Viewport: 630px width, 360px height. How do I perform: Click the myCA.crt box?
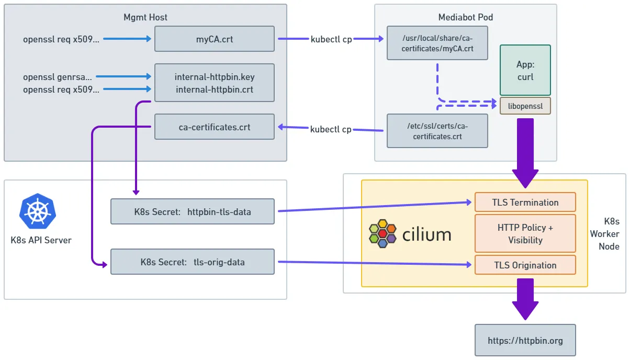[x=214, y=39]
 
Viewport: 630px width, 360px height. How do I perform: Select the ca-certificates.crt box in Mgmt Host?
[x=214, y=127]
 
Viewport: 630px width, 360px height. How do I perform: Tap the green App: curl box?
[x=525, y=70]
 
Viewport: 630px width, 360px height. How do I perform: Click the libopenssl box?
[x=525, y=106]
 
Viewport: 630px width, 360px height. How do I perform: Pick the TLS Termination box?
[x=525, y=202]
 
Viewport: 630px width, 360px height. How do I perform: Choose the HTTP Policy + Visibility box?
[x=525, y=233]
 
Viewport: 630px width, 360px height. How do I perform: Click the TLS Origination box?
[x=525, y=265]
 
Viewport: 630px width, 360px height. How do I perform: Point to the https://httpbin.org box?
[x=525, y=341]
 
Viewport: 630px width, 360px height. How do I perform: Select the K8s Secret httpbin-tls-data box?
[x=192, y=211]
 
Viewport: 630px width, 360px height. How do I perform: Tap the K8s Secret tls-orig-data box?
[x=192, y=262]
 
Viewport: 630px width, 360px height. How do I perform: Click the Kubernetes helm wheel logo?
[x=38, y=211]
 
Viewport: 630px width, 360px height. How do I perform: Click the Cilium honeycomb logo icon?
[x=383, y=234]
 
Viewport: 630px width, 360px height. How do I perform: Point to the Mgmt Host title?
[x=145, y=17]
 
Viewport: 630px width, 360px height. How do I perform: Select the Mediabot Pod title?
[x=465, y=17]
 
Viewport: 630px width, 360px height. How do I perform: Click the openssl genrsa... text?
[x=58, y=77]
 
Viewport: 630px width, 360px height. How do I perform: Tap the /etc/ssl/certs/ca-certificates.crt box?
[x=437, y=131]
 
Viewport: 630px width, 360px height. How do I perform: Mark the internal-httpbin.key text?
[x=214, y=77]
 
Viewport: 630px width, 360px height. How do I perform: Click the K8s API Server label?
[x=41, y=240]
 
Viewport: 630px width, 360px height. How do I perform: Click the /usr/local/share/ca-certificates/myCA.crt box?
[x=437, y=43]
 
